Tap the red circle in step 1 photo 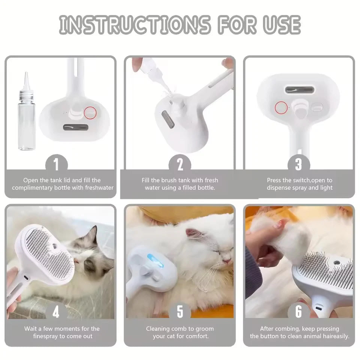pos(90,112)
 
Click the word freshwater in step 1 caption pos(98,187)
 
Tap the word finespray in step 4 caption pos(48,336)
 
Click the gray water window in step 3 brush pos(299,90)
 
